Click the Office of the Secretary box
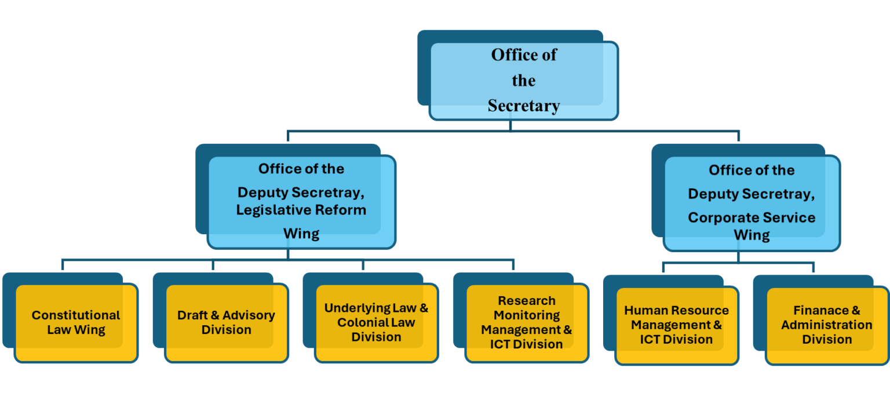coord(523,80)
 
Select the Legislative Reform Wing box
coord(301,201)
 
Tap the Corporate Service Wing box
coord(752,203)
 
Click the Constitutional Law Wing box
coord(76,322)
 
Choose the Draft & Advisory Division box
coord(226,322)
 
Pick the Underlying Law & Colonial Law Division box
coord(376,322)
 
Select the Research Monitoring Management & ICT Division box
coord(526,322)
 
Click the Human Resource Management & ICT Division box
coord(676,325)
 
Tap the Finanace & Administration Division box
coord(826,325)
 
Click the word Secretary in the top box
coord(523,106)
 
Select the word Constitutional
coord(76,315)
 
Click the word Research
coord(526,301)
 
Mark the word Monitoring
coord(526,315)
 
